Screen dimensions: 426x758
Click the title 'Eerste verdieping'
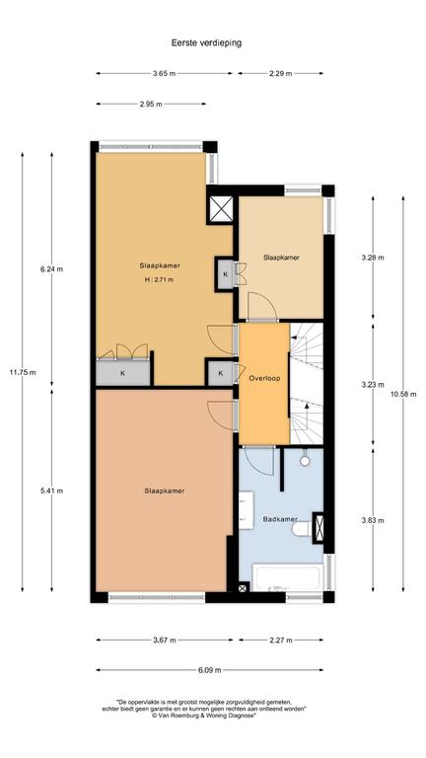tap(206, 42)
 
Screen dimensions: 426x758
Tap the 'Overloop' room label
tap(264, 378)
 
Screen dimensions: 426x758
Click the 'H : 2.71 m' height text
tap(159, 279)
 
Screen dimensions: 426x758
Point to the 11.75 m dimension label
tap(22, 372)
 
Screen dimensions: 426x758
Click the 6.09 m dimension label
tap(210, 670)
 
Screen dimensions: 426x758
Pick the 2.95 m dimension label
tap(151, 104)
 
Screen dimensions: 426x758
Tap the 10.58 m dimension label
tap(402, 394)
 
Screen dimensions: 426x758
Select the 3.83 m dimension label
tap(373, 520)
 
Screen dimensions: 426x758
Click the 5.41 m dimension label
tap(51, 491)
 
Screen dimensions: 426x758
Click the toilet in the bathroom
tap(303, 529)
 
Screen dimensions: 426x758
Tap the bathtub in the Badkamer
tap(288, 577)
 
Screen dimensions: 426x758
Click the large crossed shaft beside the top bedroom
tap(222, 209)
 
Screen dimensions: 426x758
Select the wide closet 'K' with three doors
tap(123, 373)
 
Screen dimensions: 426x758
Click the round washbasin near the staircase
tap(305, 461)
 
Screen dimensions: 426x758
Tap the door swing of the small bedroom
tap(262, 307)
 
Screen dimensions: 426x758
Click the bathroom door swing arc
tap(259, 462)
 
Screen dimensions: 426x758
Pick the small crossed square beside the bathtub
tap(243, 588)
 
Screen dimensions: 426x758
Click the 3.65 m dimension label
tap(165, 73)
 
